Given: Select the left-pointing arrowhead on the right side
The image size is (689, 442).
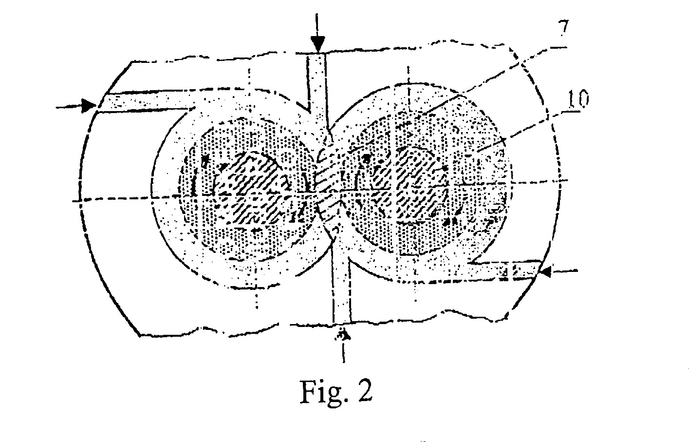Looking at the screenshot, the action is pos(545,272).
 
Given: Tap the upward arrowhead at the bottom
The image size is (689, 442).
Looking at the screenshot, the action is pos(343,334).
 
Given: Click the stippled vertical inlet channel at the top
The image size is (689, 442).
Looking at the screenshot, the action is pos(317,92).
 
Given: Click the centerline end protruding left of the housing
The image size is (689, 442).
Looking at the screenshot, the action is pos(77,201).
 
